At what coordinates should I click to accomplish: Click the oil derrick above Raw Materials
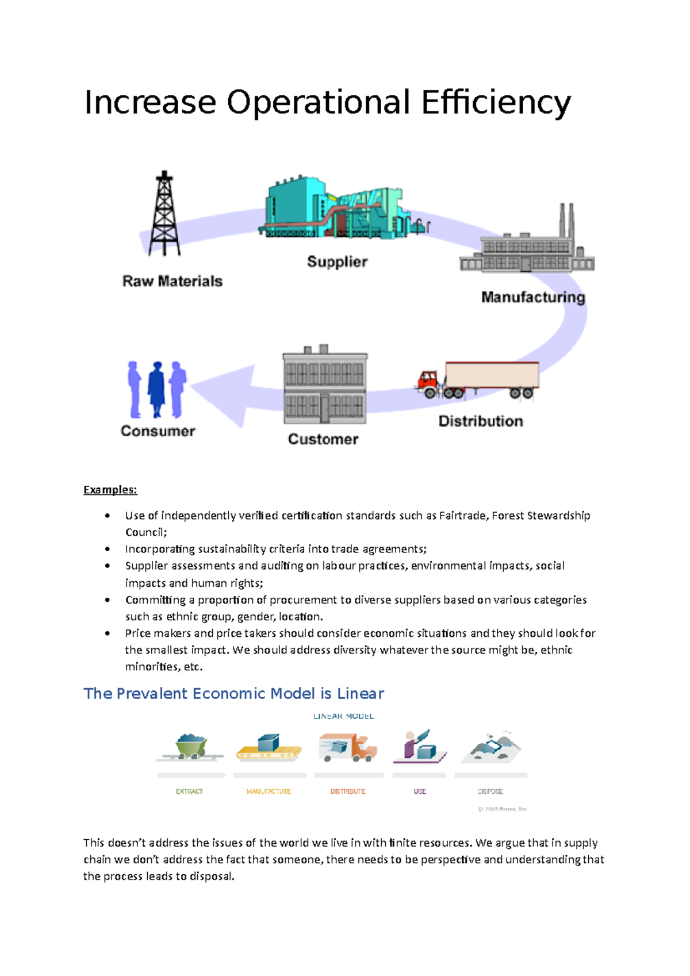tap(164, 214)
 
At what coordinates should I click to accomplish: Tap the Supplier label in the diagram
tap(337, 262)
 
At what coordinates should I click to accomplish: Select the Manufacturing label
tap(533, 297)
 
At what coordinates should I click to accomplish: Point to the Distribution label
tap(481, 421)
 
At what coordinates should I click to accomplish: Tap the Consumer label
tap(158, 431)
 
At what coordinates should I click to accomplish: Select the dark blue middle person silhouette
tap(156, 389)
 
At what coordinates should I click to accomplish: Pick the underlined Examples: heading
tap(110, 490)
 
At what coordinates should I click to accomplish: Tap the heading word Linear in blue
tap(361, 694)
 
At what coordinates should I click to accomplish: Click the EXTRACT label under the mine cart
tap(189, 791)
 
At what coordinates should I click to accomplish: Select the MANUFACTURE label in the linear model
tap(269, 791)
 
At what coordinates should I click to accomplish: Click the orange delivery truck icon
tap(348, 747)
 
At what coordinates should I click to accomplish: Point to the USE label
tap(420, 791)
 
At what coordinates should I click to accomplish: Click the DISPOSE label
tap(490, 791)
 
